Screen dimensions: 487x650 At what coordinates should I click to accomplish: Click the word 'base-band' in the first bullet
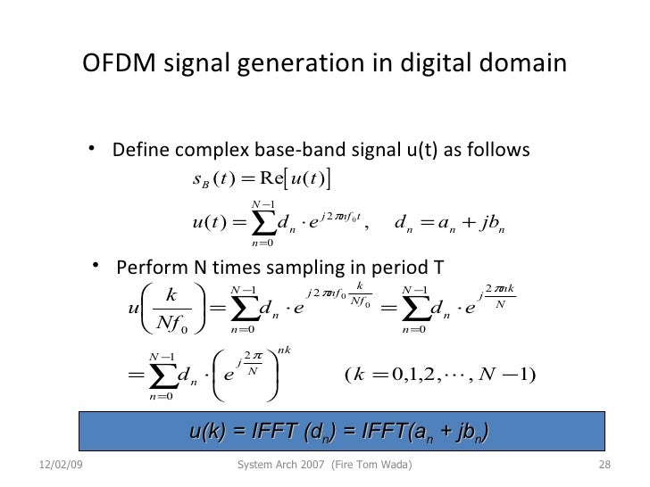[x=279, y=148]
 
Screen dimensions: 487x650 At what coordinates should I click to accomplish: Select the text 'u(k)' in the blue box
[x=206, y=433]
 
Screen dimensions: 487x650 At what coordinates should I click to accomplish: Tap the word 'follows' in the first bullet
[x=501, y=148]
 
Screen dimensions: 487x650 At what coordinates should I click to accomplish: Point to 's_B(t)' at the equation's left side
[x=212, y=177]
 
